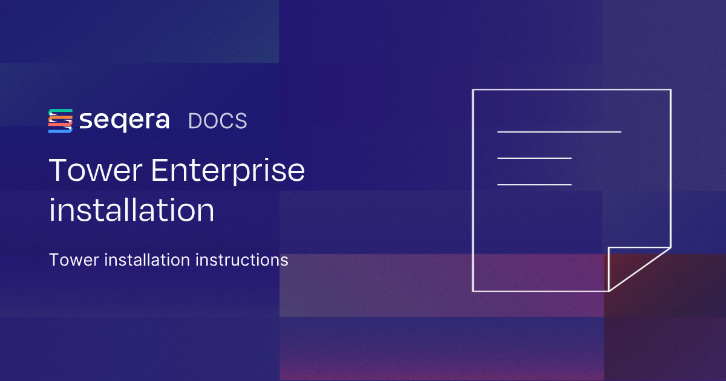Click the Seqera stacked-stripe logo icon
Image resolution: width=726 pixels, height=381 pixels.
[x=60, y=121]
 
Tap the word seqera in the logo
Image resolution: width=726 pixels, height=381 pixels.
[x=125, y=121]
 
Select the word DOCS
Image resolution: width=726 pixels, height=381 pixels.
[x=217, y=121]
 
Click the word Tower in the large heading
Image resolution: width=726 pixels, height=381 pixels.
[x=96, y=171]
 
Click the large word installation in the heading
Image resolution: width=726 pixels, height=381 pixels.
[x=132, y=210]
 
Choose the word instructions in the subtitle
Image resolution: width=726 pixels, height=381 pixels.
[x=242, y=260]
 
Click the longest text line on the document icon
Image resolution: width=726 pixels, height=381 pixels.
[x=559, y=132]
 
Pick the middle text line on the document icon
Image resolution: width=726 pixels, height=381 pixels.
[x=534, y=158]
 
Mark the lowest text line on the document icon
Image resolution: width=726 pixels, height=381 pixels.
[x=534, y=184]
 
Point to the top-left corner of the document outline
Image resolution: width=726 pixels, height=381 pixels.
[x=473, y=90]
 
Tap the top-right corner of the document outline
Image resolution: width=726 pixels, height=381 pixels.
[x=670, y=90]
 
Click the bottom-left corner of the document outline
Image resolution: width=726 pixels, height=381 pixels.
[x=473, y=291]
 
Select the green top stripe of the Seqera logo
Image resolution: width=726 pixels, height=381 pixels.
[x=60, y=112]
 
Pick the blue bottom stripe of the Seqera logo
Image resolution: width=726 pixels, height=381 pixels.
[x=60, y=130]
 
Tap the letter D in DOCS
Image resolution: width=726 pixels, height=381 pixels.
[x=195, y=121]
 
